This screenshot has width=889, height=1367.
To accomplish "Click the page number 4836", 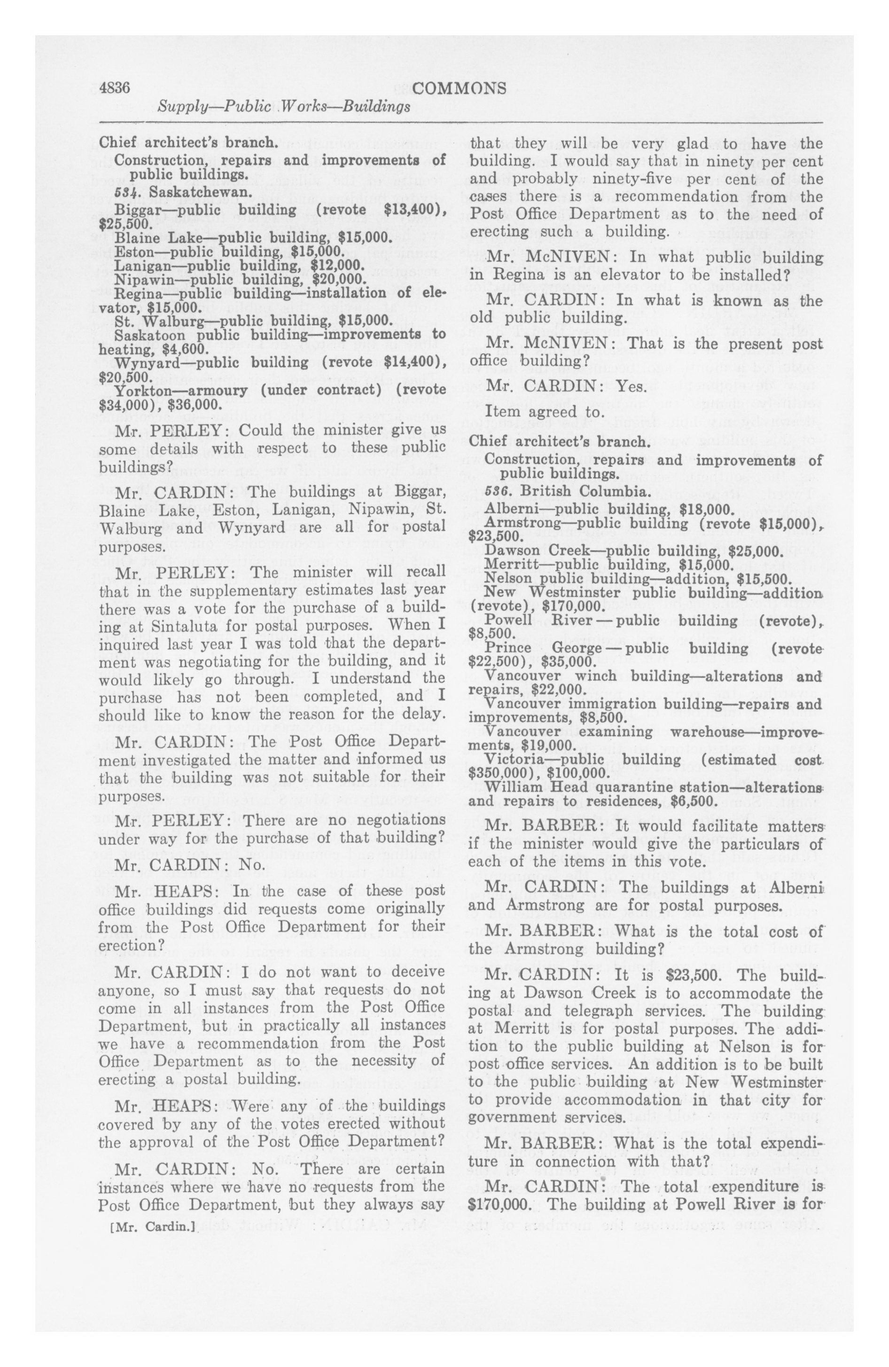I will (115, 88).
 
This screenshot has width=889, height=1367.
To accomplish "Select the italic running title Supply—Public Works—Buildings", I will (284, 106).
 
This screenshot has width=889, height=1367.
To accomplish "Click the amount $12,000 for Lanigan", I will (336, 265).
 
